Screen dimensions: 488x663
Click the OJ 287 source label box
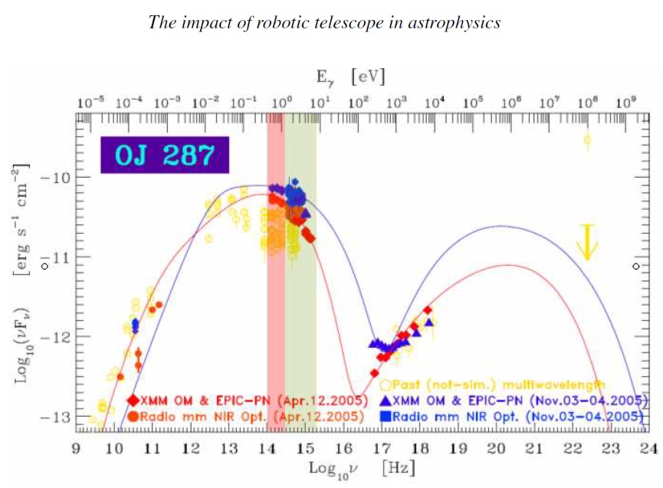(164, 156)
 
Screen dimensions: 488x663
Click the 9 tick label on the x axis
(76, 450)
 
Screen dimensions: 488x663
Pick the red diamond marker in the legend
(133, 400)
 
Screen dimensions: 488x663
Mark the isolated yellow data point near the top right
(587, 139)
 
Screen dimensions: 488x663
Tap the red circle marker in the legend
(133, 417)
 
